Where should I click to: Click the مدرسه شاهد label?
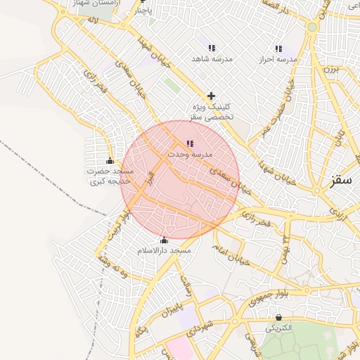click(x=212, y=59)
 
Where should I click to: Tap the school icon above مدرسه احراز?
click(x=278, y=49)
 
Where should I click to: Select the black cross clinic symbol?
click(x=211, y=96)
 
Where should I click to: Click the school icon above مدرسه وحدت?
click(x=190, y=143)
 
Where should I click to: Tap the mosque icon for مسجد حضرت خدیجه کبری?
click(x=110, y=161)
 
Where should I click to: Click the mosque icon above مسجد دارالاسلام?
click(x=165, y=240)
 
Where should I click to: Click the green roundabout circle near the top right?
click(x=312, y=27)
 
